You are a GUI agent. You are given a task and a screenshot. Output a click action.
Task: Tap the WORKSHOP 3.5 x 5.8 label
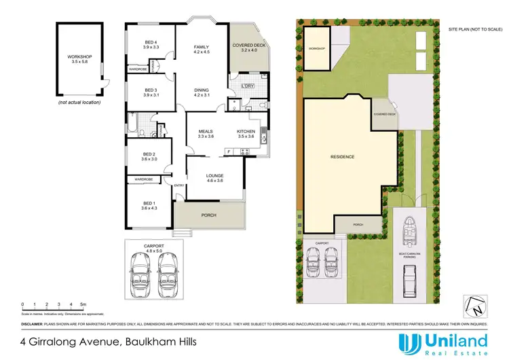79,59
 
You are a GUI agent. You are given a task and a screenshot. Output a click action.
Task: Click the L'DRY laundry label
248,86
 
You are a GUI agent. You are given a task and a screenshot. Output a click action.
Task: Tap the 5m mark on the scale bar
82,304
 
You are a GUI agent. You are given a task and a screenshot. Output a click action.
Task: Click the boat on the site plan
411,229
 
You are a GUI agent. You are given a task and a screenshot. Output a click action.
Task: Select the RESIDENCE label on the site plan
342,157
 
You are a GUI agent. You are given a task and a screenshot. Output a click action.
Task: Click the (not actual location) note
79,102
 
